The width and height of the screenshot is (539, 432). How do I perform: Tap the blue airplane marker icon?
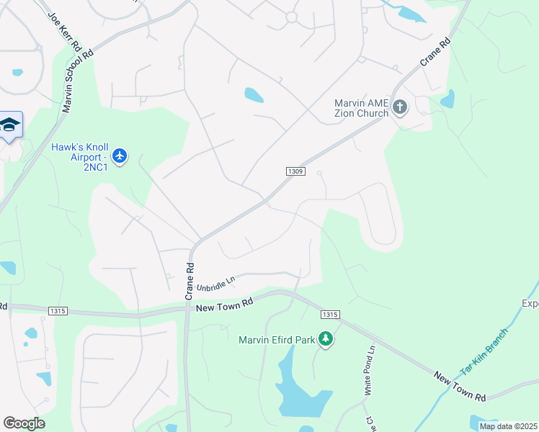120,156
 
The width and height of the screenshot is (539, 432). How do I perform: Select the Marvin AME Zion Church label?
362,108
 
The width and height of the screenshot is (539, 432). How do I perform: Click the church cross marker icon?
400,108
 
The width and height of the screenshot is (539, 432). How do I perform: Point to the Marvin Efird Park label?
277,340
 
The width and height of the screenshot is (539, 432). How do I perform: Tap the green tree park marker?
326,338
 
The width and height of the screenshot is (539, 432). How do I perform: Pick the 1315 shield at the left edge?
58,311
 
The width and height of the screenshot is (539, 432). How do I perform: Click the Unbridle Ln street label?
216,284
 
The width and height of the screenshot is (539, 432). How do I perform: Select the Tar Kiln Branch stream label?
484,351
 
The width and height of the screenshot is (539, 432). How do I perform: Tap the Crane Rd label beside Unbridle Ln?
190,281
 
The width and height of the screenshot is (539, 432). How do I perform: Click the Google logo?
24,423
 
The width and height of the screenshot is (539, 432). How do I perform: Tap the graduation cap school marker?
9,126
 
